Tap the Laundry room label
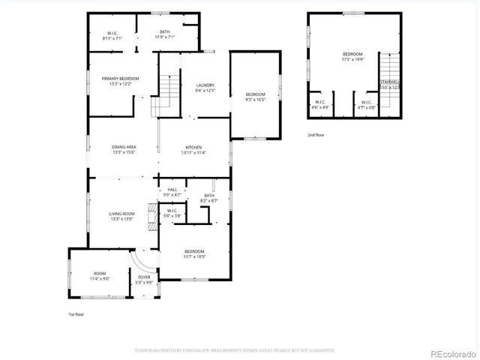(205, 85)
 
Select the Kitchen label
(193, 147)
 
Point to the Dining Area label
(124, 147)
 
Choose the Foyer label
(144, 277)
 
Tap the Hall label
(172, 190)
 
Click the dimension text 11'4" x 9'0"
(100, 279)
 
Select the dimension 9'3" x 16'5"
(256, 99)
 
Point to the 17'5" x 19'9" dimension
(352, 59)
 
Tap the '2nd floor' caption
(316, 135)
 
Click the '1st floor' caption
(76, 314)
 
